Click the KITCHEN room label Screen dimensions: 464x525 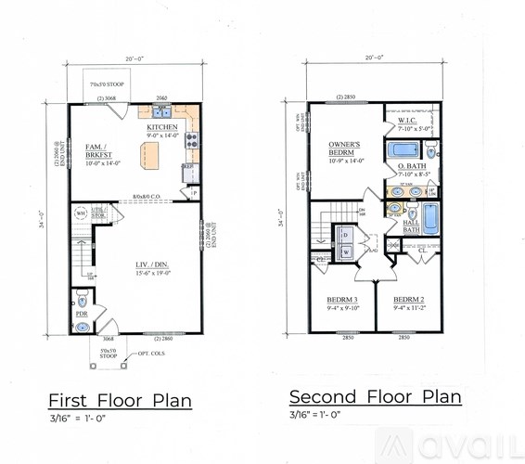pos(162,127)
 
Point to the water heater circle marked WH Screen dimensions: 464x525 pos(81,214)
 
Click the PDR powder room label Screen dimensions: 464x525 pos(82,315)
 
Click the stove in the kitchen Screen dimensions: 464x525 pos(190,141)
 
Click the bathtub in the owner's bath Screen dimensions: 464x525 pos(403,150)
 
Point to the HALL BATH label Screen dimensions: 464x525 pos(411,226)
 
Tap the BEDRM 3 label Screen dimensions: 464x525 pos(341,300)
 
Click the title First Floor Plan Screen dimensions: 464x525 pos(120,401)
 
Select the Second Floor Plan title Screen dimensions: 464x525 pos(375,397)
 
